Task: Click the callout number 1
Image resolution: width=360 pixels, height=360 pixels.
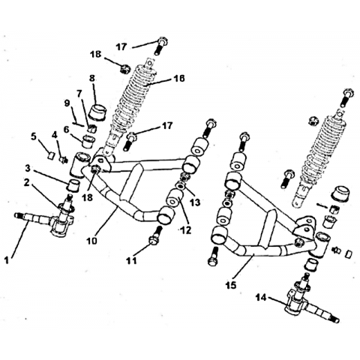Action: click(x=7, y=260)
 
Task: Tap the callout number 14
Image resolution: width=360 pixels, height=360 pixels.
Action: click(x=261, y=298)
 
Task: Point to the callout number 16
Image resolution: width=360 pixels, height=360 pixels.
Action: click(x=179, y=78)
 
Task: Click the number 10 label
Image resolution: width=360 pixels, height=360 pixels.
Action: click(x=92, y=241)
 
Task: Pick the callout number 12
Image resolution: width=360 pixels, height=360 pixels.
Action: click(x=185, y=230)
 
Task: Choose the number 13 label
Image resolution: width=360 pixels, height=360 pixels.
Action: click(x=195, y=202)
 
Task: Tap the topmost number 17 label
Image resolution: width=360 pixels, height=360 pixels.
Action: click(x=121, y=46)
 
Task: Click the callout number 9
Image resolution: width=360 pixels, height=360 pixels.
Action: click(x=67, y=103)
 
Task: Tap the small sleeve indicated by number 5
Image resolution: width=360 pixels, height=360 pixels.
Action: click(x=51, y=156)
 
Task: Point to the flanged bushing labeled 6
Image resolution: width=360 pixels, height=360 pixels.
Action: click(x=89, y=140)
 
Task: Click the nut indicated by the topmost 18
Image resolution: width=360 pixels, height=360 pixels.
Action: click(x=124, y=68)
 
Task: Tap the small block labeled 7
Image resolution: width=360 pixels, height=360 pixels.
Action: click(x=92, y=127)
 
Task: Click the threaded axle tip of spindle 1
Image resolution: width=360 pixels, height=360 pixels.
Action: click(x=19, y=214)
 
